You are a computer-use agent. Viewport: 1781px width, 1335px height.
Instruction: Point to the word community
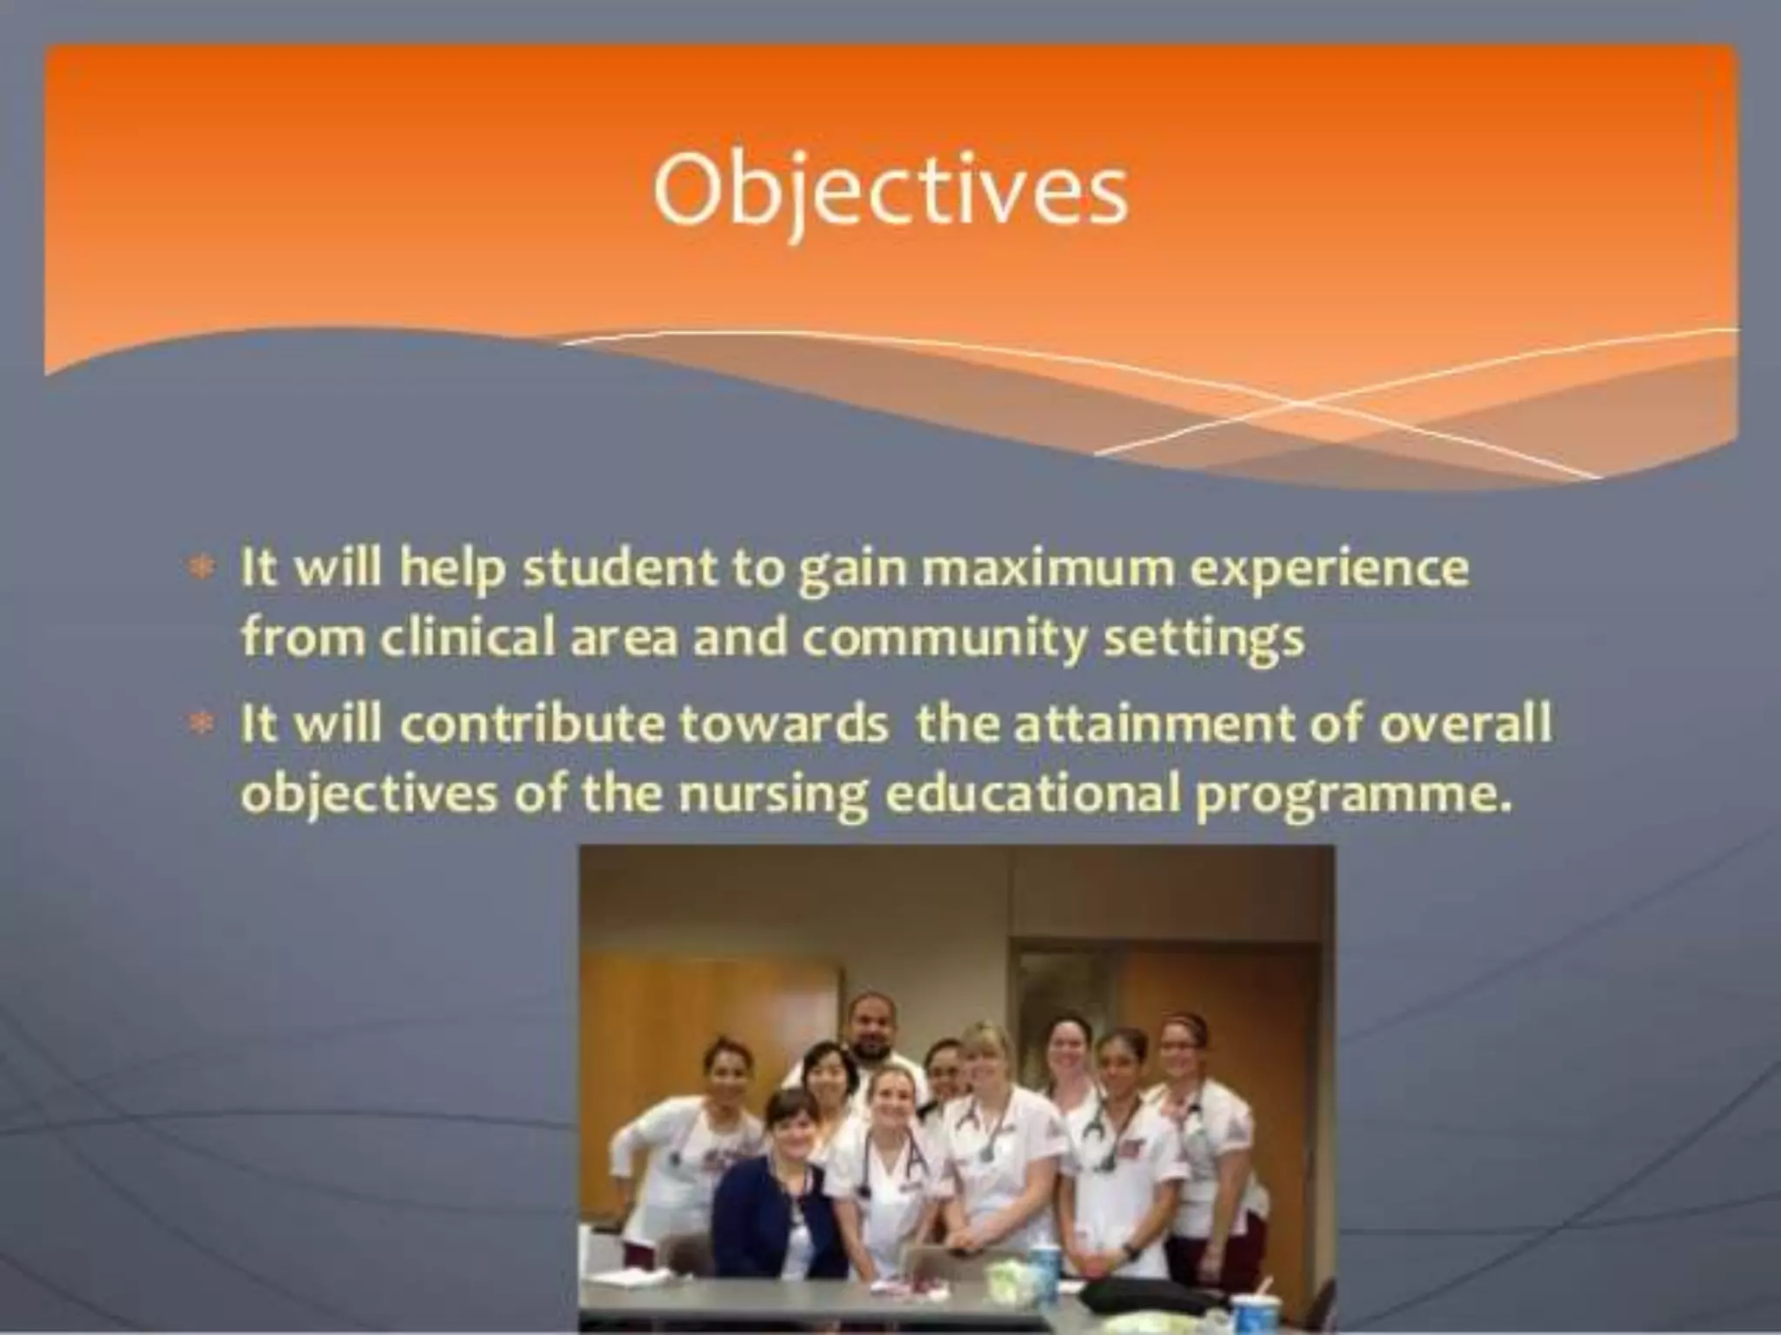click(944, 640)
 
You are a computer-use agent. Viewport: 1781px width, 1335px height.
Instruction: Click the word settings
click(1204, 640)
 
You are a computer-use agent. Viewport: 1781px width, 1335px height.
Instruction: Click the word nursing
click(774, 793)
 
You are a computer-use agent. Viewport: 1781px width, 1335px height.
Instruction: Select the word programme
click(1348, 794)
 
